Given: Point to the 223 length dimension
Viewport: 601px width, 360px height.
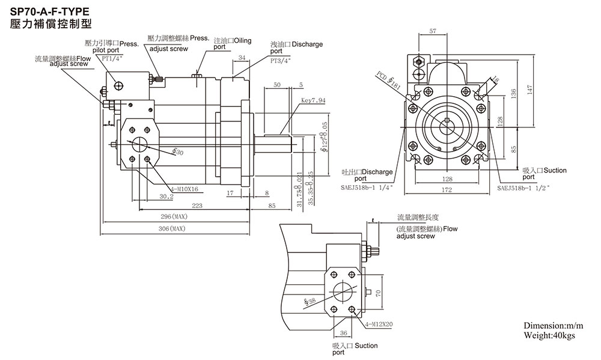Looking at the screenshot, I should click(x=197, y=206).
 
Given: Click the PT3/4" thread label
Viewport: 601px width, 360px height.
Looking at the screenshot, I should click(x=280, y=61).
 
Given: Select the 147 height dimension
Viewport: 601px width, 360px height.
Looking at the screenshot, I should click(x=529, y=88).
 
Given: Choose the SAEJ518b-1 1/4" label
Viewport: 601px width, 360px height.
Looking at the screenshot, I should click(x=367, y=188).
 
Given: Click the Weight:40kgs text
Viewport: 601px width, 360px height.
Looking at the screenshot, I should click(x=549, y=335).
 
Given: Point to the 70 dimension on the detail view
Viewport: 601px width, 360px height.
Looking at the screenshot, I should click(x=379, y=293).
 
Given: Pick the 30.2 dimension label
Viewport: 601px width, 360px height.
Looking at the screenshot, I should click(x=166, y=196).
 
